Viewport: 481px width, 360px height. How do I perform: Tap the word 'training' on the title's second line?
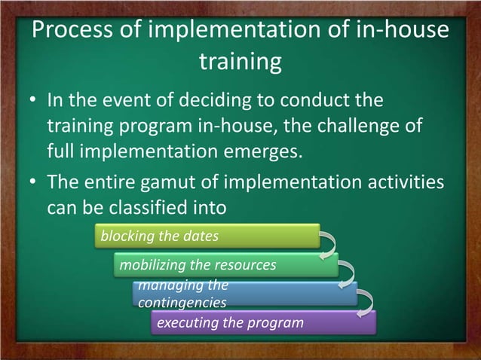[240, 63]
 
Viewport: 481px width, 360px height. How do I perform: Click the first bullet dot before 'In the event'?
[33, 102]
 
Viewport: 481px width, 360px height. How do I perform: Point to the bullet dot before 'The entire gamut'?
[33, 184]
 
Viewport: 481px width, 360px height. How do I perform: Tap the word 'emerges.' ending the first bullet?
[263, 149]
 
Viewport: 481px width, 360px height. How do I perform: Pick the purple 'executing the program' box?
[263, 323]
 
